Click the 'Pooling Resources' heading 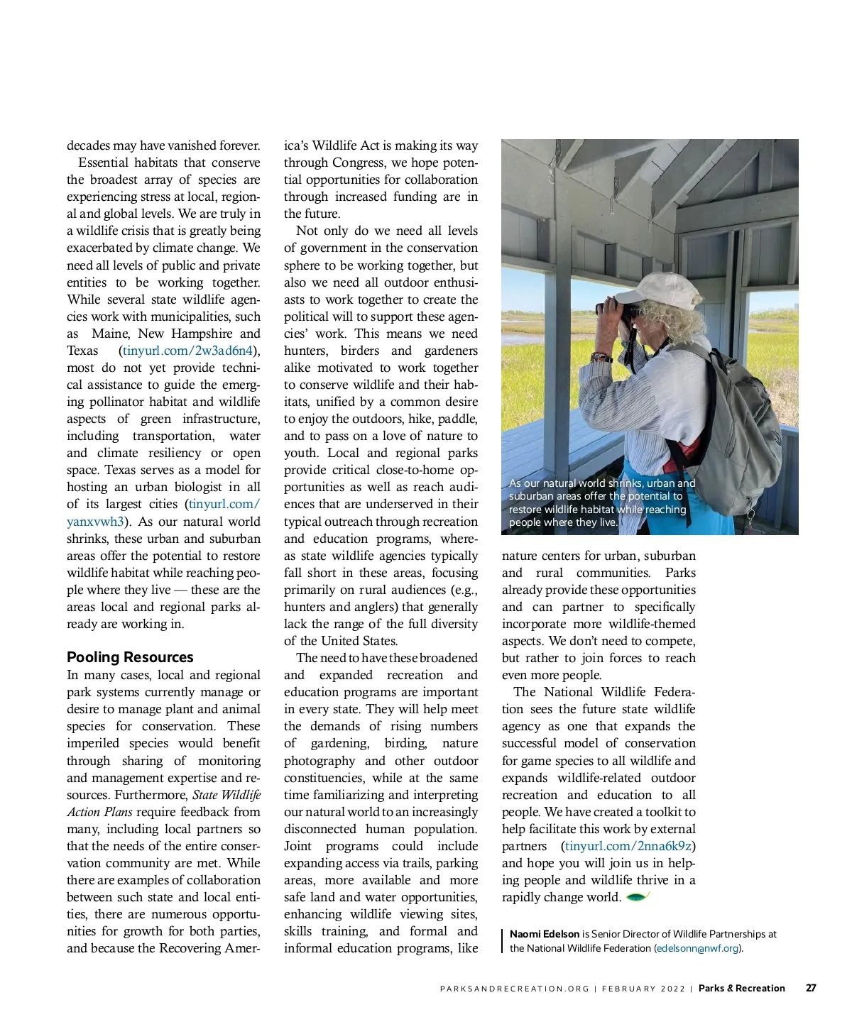(130, 657)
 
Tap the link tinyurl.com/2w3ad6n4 (187, 351)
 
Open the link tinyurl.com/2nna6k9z (628, 846)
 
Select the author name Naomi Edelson (545, 934)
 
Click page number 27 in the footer (811, 988)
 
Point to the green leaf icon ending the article (637, 896)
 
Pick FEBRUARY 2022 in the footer (643, 989)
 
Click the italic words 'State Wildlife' (226, 795)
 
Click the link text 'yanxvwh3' (95, 522)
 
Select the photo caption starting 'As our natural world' (601, 502)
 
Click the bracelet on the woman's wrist (601, 357)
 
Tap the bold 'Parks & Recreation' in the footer (741, 988)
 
